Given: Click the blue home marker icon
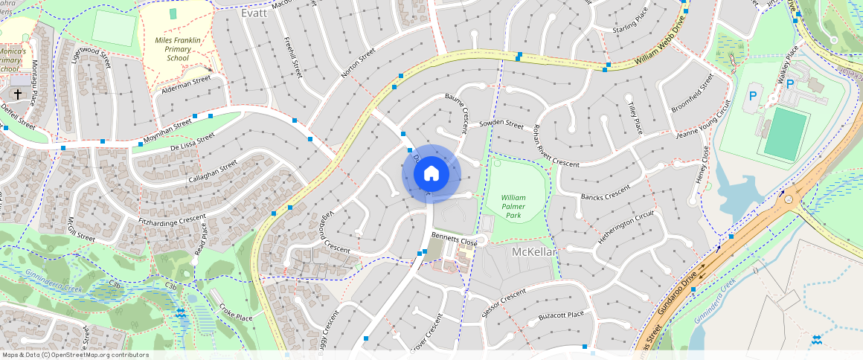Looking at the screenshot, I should tap(431, 174).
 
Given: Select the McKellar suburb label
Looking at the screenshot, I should tap(534, 252).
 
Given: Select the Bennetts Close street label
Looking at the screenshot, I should tap(455, 242).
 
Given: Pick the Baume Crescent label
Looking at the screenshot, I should tap(455, 112).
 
